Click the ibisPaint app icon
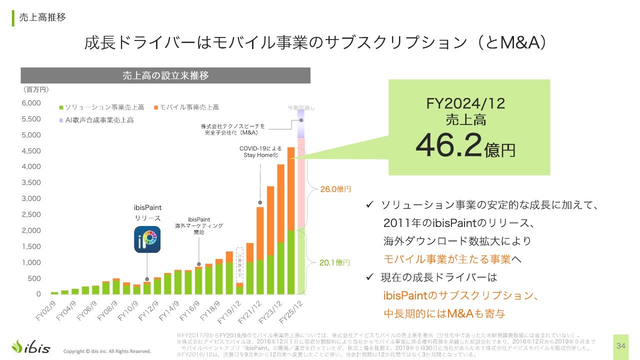point(147,239)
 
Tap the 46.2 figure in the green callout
point(449,144)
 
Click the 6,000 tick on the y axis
point(31,103)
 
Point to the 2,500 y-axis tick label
point(31,214)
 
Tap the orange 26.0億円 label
point(335,189)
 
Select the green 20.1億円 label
point(334,262)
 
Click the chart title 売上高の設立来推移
point(165,75)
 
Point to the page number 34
point(621,346)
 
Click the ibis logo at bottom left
point(31,346)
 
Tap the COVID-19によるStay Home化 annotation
point(260,151)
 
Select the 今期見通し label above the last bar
point(301,107)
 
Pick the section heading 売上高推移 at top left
point(42,17)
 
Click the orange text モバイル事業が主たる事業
point(447,259)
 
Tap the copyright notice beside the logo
point(107,351)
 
